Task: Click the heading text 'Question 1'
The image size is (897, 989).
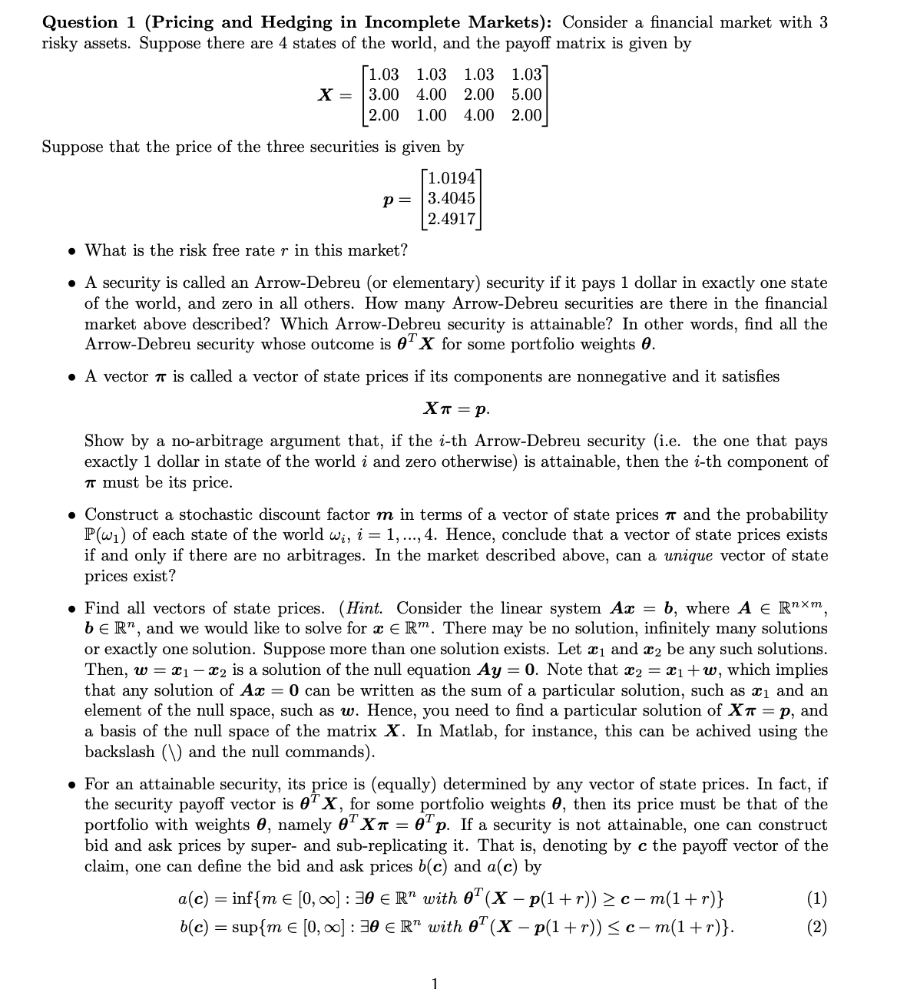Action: tap(80, 22)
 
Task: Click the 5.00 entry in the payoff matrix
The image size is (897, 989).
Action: tap(526, 95)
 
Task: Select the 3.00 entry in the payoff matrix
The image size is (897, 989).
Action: tap(383, 95)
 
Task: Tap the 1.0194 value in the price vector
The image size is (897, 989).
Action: tap(452, 178)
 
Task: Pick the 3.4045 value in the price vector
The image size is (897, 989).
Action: tap(452, 198)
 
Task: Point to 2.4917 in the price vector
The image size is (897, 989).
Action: tap(452, 218)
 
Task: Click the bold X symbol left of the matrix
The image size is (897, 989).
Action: tap(326, 95)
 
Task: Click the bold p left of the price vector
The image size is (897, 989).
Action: tap(389, 199)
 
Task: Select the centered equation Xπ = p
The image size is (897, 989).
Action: tap(455, 408)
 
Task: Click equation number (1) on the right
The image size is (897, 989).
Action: tap(817, 898)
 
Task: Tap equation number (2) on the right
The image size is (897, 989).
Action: tap(817, 927)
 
